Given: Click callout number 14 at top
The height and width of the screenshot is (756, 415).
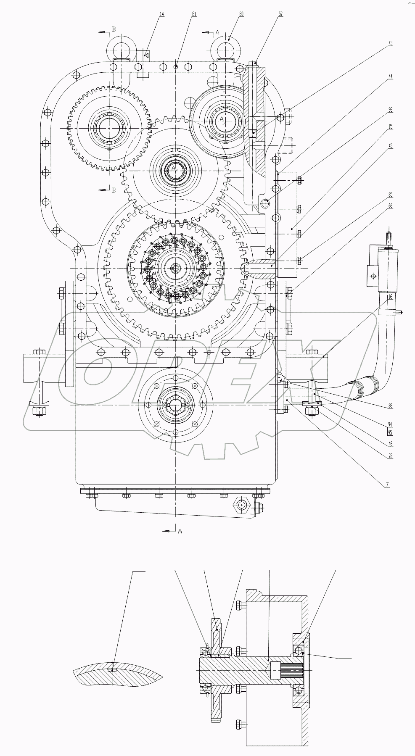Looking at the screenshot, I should coord(162,14).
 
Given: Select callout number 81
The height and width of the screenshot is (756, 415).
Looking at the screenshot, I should coord(194,14).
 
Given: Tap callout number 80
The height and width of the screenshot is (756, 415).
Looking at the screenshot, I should coord(241,14).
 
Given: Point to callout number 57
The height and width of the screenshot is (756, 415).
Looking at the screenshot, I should coord(280,14).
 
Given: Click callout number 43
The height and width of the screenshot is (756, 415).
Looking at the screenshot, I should coord(391,43).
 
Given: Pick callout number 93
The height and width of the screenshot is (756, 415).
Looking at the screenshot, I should coord(391,110).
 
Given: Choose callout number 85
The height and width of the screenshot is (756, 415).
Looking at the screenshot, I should coord(391,195).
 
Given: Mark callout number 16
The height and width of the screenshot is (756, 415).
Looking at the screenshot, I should coord(391,297).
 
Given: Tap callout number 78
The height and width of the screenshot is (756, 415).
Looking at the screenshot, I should coord(391,456).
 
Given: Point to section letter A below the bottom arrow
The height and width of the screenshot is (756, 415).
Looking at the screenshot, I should coord(180,531).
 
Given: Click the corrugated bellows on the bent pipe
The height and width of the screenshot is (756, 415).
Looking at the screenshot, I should coord(361,385).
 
